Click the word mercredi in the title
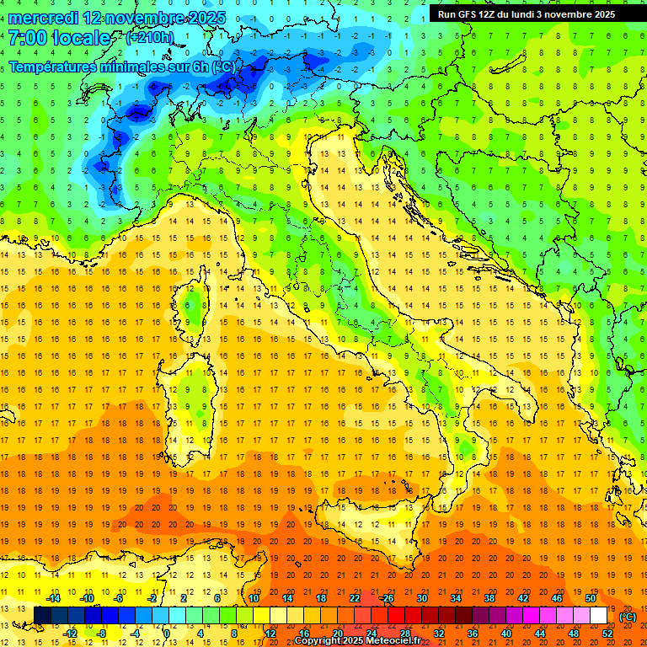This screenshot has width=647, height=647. tap(45, 17)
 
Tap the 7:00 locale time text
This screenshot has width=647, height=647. tap(60, 38)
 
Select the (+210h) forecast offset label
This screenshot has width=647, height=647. tap(150, 38)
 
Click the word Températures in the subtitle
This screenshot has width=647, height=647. tap(56, 67)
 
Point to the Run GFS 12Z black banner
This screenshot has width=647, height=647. tap(526, 14)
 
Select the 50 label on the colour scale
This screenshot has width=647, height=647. tap(591, 597)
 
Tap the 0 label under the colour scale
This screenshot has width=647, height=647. tap(166, 633)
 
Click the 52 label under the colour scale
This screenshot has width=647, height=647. tap(607, 633)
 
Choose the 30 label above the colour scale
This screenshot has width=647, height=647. tap(422, 597)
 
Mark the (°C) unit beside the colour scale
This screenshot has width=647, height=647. tap(627, 616)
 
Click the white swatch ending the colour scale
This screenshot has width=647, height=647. tap(598, 615)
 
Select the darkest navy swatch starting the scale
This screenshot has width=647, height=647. tap(42, 615)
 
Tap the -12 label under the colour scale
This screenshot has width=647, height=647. tap(70, 633)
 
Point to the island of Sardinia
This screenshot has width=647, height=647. tap(193, 404)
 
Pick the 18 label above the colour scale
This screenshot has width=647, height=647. tap(321, 597)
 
